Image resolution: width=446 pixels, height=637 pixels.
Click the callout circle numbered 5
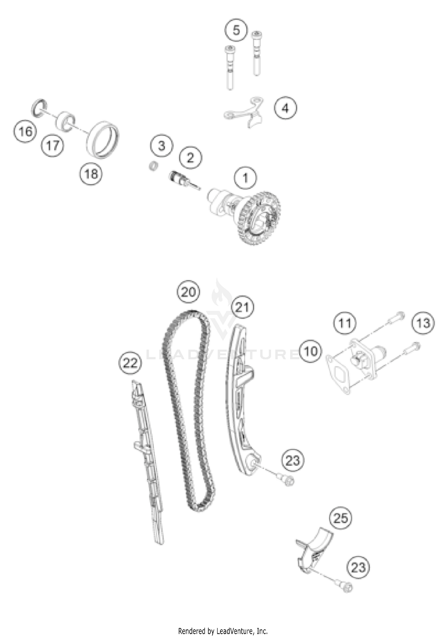236,30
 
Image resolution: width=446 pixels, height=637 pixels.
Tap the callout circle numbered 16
25,131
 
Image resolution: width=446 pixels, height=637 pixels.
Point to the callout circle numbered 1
246,178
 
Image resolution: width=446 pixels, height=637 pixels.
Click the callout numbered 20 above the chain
189,292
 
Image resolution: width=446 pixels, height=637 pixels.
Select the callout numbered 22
130,363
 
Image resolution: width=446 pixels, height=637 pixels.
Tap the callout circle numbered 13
423,323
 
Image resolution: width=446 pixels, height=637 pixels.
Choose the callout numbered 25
341,519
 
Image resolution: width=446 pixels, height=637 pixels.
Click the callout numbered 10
311,351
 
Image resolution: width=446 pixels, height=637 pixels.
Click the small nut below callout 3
153,166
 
